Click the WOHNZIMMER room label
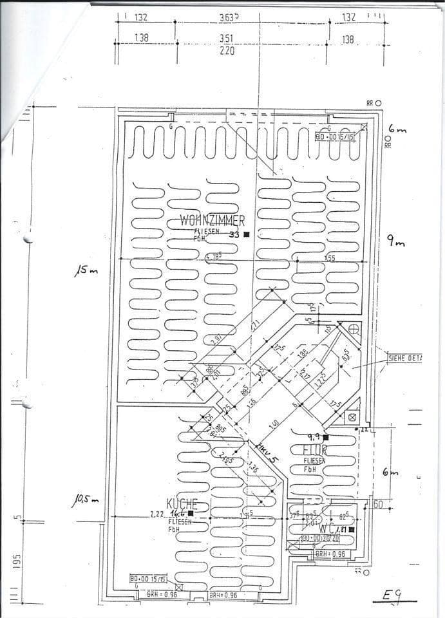pos(212,221)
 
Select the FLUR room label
pos(316,449)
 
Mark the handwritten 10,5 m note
pos(85,499)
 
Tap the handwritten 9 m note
pos(395,241)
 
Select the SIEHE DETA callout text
pos(404,357)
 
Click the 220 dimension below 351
pos(226,50)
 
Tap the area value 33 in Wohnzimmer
pos(234,235)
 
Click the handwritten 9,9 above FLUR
pos(314,437)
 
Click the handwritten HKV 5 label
pos(265,451)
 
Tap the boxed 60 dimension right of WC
pos(377,504)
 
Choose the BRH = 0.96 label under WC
pos(330,554)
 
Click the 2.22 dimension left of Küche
pos(156,514)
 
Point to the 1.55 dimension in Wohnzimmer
pos(330,258)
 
